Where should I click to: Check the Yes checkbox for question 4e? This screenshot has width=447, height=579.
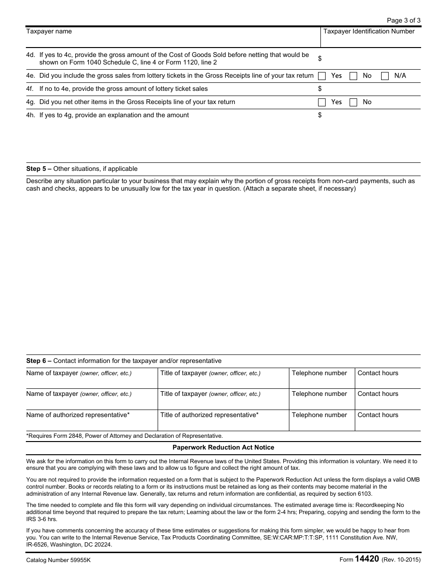click(x=322, y=76)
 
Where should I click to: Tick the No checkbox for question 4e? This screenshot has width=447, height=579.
click(x=353, y=76)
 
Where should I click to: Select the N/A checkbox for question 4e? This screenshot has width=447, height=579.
click(x=385, y=76)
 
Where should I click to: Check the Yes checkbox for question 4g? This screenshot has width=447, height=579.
click(x=322, y=102)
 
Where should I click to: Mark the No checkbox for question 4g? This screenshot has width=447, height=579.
click(x=353, y=102)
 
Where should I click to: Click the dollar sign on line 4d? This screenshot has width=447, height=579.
click(x=320, y=59)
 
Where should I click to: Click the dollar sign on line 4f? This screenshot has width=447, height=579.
click(x=320, y=89)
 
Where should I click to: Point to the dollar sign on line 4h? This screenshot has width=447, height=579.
click(x=320, y=115)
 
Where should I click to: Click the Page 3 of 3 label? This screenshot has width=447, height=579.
click(x=403, y=20)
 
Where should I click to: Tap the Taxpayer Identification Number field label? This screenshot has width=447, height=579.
click(x=369, y=32)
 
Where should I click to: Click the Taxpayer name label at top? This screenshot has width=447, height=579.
click(x=49, y=32)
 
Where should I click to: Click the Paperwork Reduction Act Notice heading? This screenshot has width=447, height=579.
click(x=223, y=448)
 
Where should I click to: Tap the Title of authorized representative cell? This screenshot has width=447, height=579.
click(x=209, y=415)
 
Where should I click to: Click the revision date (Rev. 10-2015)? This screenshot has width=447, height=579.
click(x=401, y=560)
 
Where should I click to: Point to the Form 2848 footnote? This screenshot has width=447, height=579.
click(x=125, y=436)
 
